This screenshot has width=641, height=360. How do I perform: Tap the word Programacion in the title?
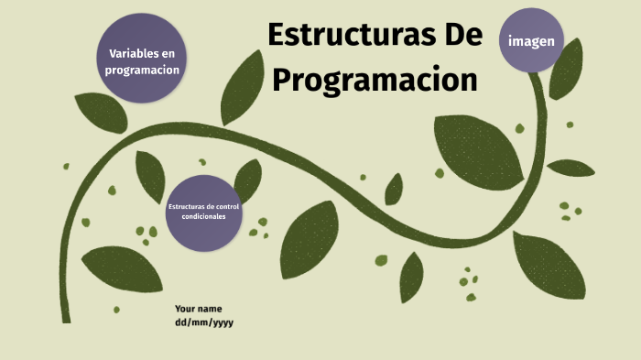point(375,80)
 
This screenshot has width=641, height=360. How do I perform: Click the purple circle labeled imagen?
point(531,41)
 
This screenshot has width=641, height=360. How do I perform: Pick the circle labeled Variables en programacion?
point(142,60)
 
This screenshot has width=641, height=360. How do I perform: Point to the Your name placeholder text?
point(198,309)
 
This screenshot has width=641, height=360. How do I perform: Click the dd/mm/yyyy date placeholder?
point(204,322)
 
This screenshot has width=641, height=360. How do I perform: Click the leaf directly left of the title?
point(242,87)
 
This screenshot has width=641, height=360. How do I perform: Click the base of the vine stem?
point(66,311)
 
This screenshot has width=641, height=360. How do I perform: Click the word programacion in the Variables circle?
point(142,70)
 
